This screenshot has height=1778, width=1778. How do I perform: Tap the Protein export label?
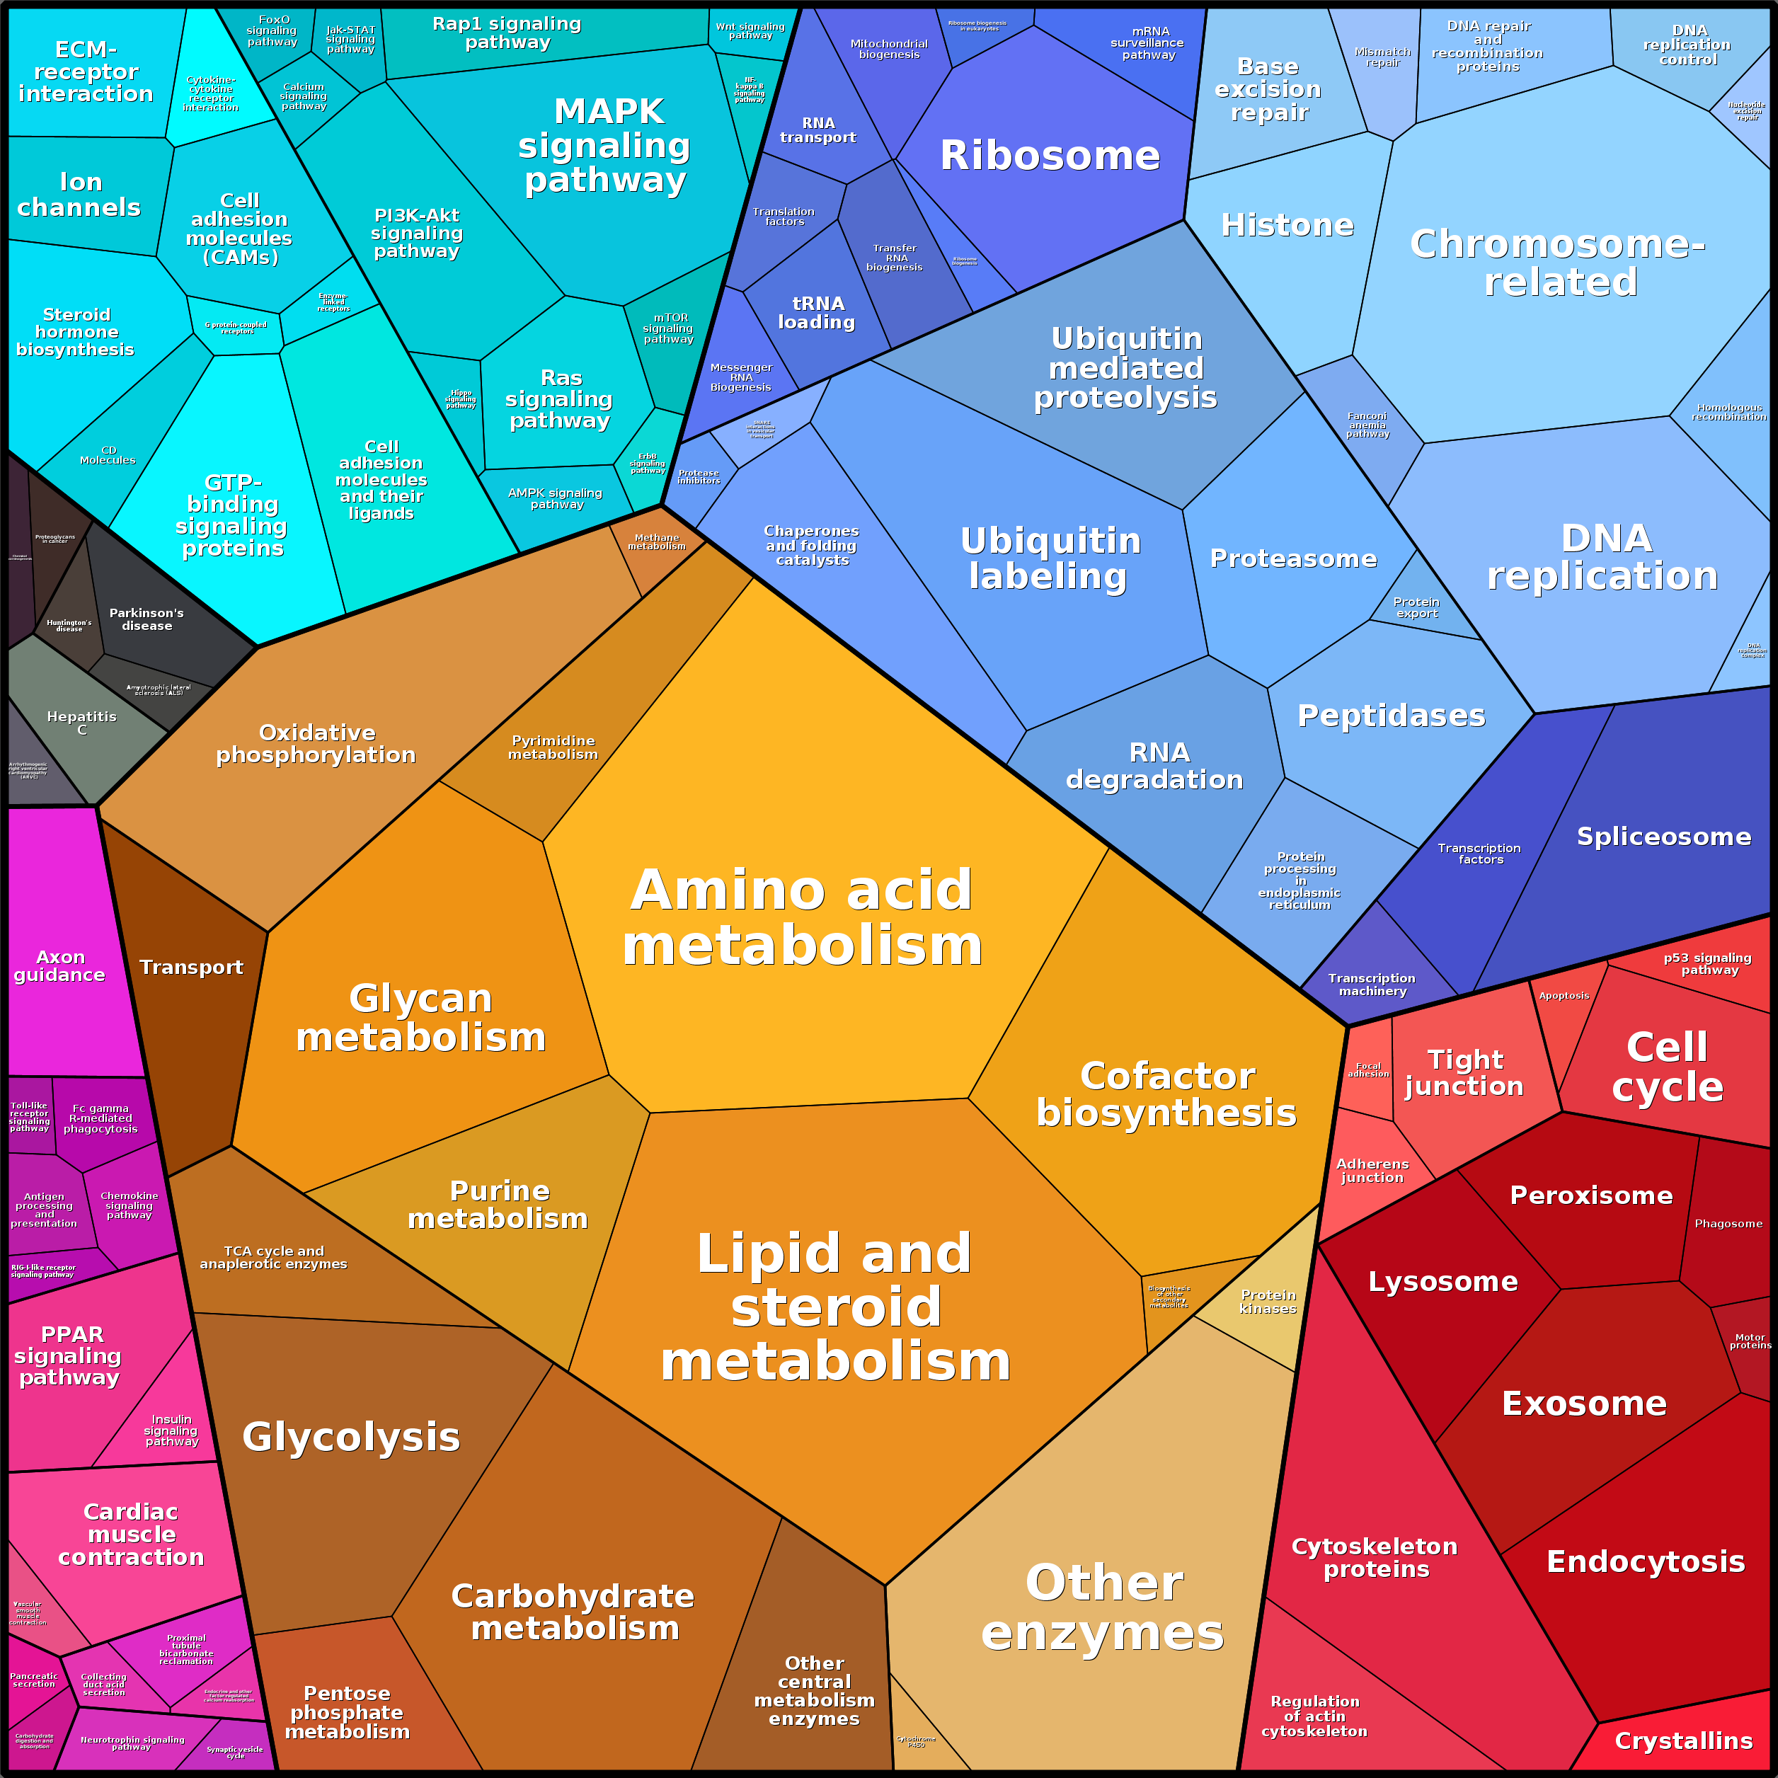tap(1416, 607)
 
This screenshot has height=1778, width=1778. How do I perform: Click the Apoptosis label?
tap(1564, 996)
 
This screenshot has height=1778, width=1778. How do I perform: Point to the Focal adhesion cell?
tap(1368, 1069)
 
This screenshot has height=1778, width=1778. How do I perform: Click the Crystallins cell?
tap(1683, 1740)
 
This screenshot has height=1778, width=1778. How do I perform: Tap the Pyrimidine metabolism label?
tap(553, 747)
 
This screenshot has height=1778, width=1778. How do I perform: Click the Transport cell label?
tap(191, 968)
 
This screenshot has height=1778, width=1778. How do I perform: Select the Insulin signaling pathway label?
tap(171, 1430)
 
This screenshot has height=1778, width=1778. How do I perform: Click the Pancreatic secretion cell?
tap(34, 1680)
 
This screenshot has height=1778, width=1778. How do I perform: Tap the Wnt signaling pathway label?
tap(750, 31)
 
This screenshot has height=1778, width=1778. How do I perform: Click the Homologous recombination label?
tap(1728, 411)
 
